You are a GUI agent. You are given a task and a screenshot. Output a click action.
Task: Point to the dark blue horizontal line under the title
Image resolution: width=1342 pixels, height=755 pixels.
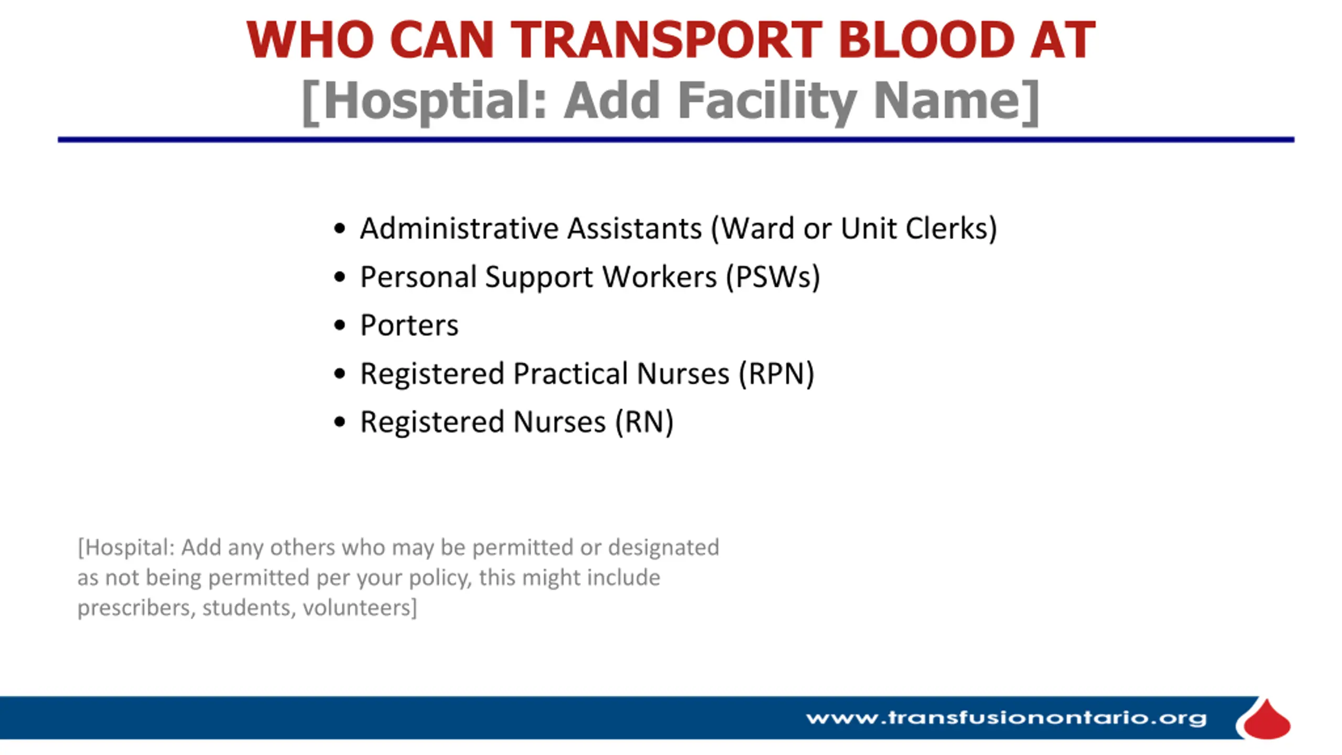coord(676,139)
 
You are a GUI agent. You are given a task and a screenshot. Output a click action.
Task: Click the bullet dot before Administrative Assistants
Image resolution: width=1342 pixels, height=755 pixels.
coord(340,229)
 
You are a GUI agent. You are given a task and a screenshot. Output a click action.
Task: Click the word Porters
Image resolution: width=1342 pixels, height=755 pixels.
coord(409,325)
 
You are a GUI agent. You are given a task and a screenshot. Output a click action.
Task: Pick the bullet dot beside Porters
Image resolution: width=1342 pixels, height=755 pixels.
coord(340,326)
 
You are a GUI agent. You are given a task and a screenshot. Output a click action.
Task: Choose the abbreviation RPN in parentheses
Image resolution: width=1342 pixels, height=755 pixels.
coord(776,373)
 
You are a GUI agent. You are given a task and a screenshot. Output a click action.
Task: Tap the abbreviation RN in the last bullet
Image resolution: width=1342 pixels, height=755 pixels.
coord(644,422)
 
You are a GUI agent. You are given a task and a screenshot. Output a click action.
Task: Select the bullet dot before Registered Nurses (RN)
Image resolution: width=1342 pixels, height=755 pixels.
coord(340,422)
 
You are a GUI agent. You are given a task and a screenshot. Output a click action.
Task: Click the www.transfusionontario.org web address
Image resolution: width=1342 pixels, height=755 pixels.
coord(1006,718)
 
